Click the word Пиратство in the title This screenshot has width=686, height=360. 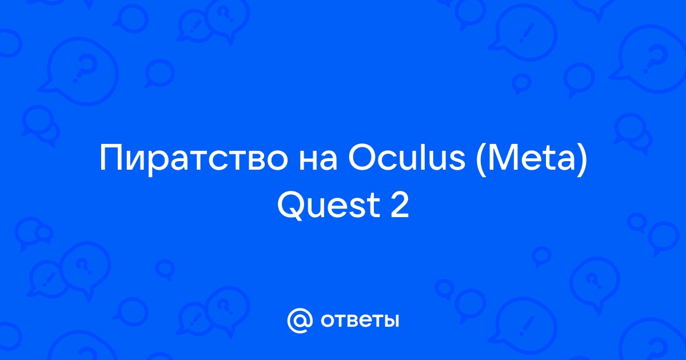click(194, 159)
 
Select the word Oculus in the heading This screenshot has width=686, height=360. click(406, 157)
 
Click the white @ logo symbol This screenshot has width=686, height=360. click(300, 321)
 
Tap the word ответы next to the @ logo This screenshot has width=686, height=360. click(360, 321)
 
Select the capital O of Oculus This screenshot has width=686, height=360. click(362, 157)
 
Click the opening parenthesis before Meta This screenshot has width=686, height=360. click(481, 159)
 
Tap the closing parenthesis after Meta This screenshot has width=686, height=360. click(582, 159)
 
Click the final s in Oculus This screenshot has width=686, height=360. click(457, 161)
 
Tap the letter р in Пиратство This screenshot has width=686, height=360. click(158, 164)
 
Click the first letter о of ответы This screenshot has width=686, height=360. click(328, 321)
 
